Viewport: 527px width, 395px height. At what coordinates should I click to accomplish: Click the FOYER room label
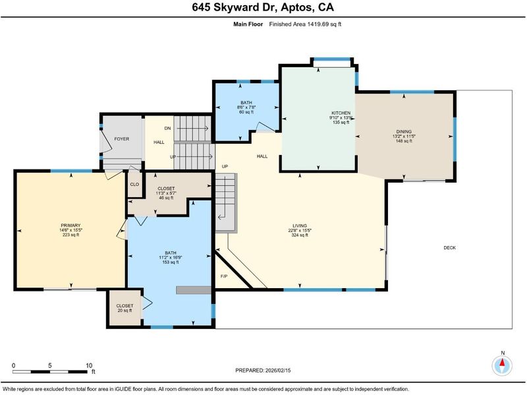point(122,139)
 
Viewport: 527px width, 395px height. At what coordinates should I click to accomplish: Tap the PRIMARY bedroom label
point(70,226)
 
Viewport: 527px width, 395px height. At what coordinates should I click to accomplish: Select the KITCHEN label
point(341,113)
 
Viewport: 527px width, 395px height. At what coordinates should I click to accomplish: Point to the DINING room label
point(404,131)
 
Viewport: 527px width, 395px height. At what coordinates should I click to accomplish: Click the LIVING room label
point(300,226)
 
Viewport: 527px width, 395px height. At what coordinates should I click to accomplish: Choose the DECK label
point(450,248)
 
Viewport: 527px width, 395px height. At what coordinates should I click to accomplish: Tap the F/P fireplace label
point(224,276)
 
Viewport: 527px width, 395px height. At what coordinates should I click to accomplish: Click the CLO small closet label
point(134,185)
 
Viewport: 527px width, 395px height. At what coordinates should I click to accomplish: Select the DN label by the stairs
point(168,128)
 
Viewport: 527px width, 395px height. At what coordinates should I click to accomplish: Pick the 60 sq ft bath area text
point(246,112)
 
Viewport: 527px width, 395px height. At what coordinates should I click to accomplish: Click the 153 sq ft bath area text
point(171,262)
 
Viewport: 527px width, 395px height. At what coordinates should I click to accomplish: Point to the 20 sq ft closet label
point(125,311)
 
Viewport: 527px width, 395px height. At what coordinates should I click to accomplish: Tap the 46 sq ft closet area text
point(166,198)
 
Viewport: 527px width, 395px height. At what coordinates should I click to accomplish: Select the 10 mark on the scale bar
point(89,366)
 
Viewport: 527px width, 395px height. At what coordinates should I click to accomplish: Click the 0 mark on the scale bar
point(13,366)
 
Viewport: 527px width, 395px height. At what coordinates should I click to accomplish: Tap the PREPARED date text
point(263,371)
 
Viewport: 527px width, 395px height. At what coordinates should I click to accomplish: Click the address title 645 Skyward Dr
point(235,7)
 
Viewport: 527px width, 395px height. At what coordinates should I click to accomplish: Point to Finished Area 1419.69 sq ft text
point(305,24)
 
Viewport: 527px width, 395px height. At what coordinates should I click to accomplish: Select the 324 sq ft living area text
point(300,235)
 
